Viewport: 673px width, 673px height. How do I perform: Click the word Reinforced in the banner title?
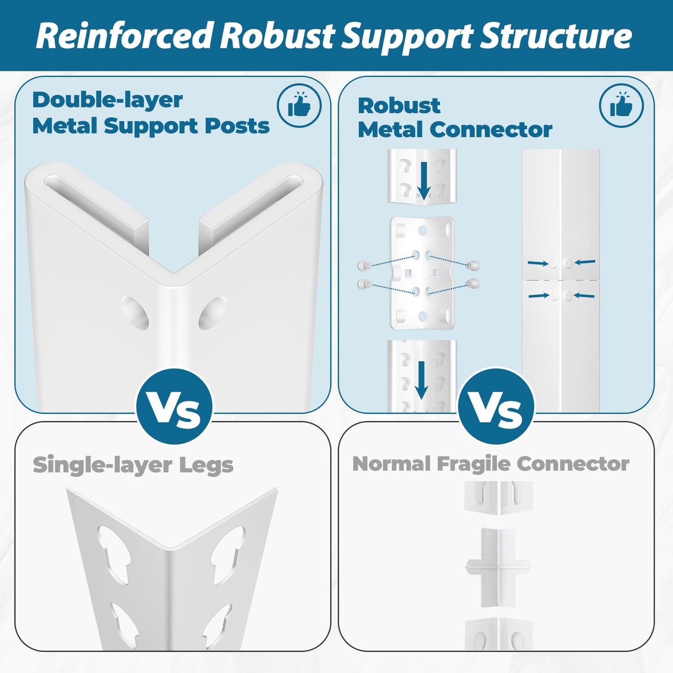click(x=123, y=36)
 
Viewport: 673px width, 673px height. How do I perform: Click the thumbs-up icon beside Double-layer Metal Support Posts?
click(x=299, y=106)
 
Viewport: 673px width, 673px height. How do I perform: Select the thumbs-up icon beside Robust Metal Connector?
click(x=621, y=106)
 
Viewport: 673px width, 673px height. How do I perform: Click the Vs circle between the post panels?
click(x=175, y=407)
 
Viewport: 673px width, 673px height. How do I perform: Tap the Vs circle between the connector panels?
click(x=496, y=407)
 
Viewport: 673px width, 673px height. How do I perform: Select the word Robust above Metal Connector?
click(x=399, y=106)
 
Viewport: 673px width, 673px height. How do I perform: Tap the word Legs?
click(x=206, y=465)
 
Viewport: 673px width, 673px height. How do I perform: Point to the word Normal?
click(x=391, y=464)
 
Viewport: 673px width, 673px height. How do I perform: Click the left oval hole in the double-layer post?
click(x=135, y=312)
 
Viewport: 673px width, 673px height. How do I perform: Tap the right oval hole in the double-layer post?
click(x=212, y=312)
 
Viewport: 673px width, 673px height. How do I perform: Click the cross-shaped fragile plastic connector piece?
click(x=497, y=567)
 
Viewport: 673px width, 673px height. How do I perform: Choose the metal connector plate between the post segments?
click(x=422, y=273)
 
